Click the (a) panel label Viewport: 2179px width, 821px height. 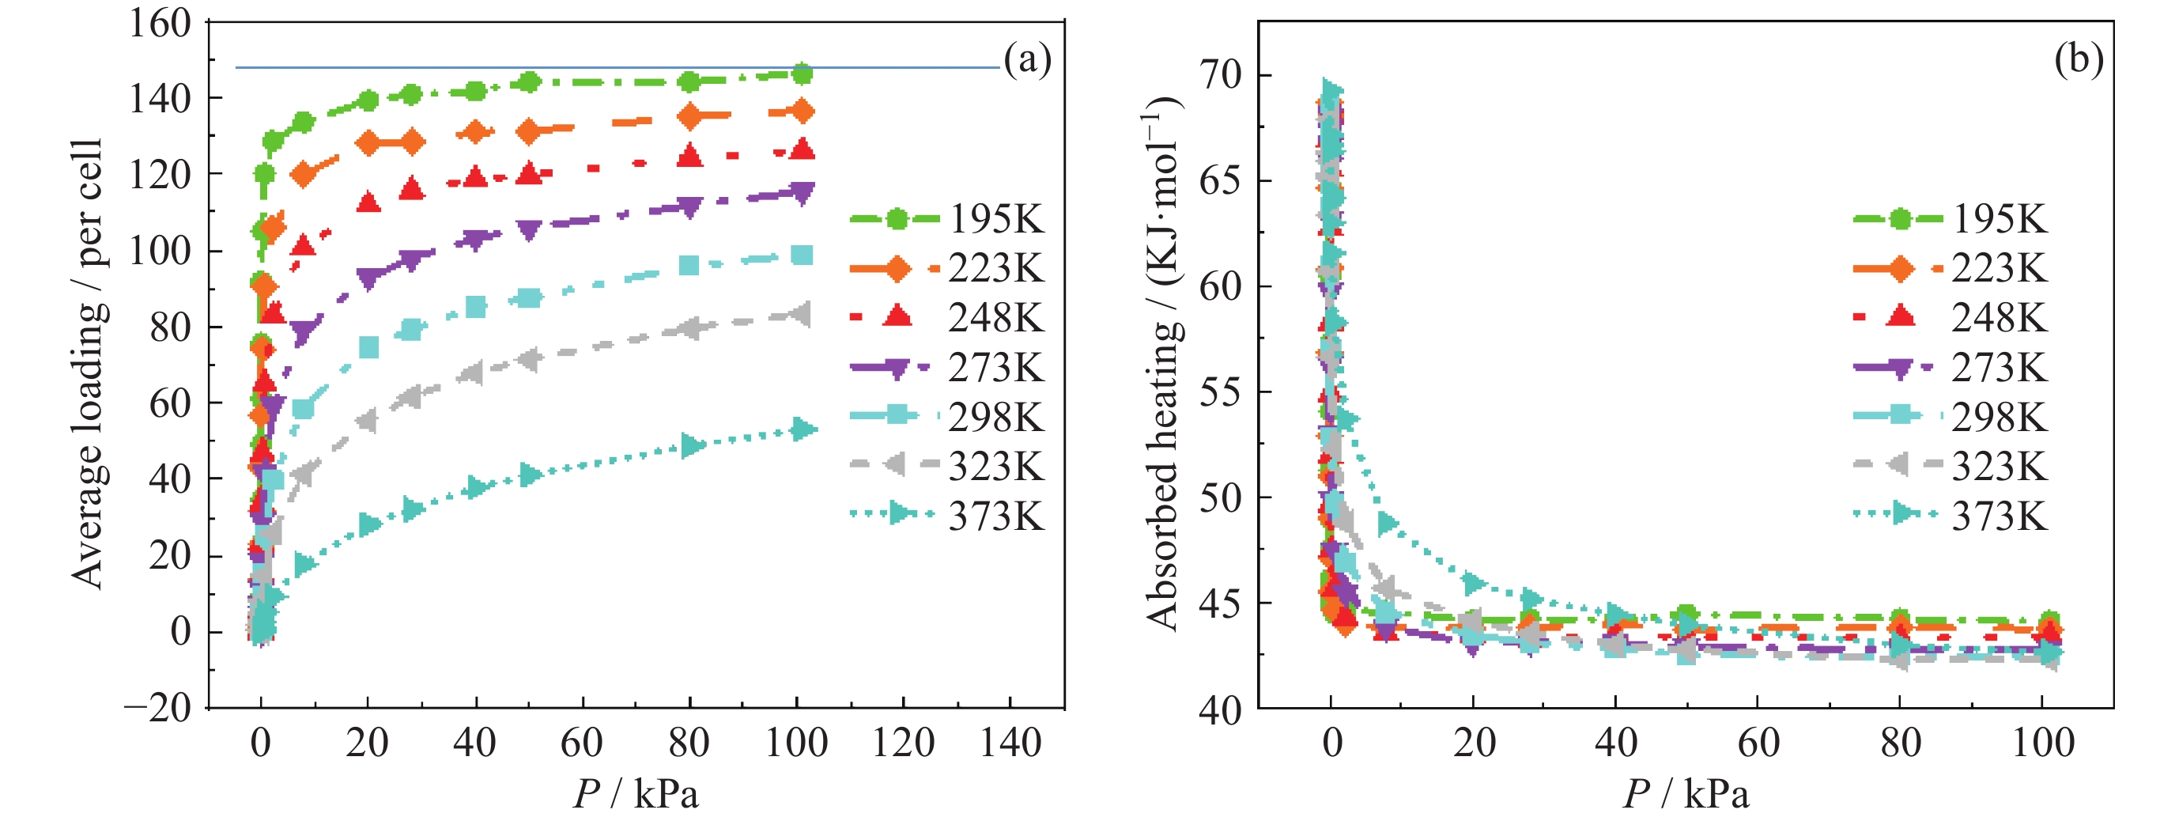click(x=1027, y=60)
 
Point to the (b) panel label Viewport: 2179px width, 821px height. click(x=2079, y=60)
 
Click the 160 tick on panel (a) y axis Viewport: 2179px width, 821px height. click(x=160, y=23)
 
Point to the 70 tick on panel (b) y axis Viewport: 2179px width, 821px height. click(x=1220, y=75)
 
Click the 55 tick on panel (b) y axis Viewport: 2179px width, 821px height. click(x=1220, y=392)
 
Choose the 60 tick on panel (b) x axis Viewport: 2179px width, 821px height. click(x=1758, y=743)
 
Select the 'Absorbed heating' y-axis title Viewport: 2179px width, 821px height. click(x=1164, y=364)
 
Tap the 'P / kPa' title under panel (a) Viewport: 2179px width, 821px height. click(x=636, y=794)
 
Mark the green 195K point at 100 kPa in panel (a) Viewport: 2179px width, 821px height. click(x=801, y=74)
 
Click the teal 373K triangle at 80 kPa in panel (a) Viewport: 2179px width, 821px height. click(x=692, y=445)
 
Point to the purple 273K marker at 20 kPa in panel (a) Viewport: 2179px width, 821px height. click(x=368, y=278)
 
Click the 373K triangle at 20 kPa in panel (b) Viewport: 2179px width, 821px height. click(x=1475, y=583)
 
